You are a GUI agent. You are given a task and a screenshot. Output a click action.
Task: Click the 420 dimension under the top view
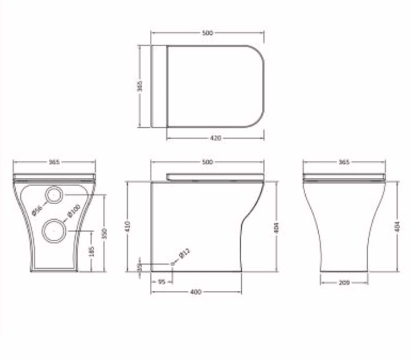click(x=216, y=138)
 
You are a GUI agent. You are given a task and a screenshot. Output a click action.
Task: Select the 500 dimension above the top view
click(x=207, y=31)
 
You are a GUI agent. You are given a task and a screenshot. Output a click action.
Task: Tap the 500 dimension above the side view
click(x=207, y=162)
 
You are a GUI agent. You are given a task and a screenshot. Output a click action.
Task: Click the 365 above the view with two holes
click(x=55, y=162)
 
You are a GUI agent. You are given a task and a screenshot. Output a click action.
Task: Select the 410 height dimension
click(x=129, y=226)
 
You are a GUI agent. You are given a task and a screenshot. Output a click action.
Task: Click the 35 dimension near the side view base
click(x=139, y=267)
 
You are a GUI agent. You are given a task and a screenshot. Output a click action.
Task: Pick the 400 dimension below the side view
click(x=195, y=291)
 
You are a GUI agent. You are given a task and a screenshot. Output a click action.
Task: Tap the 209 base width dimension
click(x=344, y=282)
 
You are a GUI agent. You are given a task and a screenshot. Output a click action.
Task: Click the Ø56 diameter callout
click(x=38, y=210)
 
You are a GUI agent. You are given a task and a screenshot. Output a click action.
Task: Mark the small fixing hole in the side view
click(x=173, y=263)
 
